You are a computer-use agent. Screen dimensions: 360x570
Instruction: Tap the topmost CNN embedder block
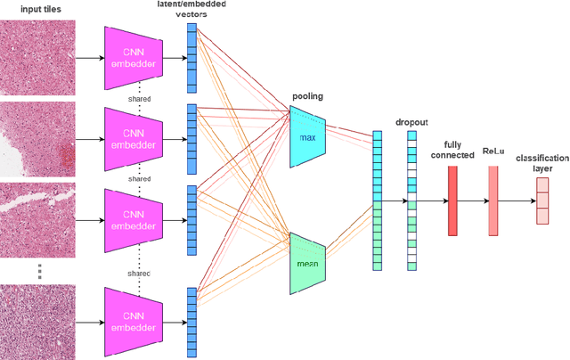134,57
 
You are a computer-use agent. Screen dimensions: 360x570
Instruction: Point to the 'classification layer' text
541,163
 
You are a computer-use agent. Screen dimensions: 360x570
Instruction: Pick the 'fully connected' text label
452,150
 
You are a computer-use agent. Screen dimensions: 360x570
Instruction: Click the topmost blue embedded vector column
191,58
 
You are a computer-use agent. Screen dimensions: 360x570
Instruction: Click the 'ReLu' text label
493,152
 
